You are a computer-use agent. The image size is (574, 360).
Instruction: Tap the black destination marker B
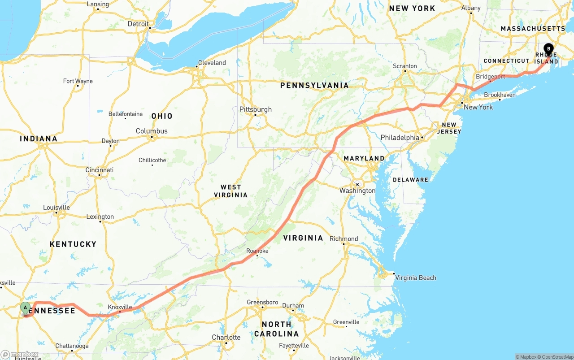click(x=548, y=49)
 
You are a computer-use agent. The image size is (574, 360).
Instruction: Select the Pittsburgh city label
click(x=256, y=109)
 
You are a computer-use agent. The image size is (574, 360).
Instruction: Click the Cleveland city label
click(x=212, y=63)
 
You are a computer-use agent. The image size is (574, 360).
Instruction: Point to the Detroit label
click(x=138, y=24)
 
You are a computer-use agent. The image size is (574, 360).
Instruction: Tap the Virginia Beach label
click(x=416, y=278)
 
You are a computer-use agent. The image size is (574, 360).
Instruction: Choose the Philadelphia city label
click(x=400, y=138)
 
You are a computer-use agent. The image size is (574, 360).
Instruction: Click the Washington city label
click(x=357, y=191)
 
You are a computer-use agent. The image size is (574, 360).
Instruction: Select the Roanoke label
click(x=257, y=251)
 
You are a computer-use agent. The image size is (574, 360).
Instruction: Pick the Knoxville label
click(x=120, y=307)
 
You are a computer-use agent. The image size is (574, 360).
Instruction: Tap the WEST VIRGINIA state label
click(x=230, y=191)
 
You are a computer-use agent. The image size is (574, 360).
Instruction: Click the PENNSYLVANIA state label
click(x=314, y=85)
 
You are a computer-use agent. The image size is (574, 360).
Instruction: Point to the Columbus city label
click(x=152, y=131)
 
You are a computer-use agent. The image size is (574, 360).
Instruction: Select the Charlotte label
click(x=226, y=337)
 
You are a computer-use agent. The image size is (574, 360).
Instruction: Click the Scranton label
click(x=405, y=66)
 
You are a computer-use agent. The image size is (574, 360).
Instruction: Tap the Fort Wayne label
click(x=78, y=81)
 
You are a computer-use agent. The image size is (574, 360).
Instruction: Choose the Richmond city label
click(x=344, y=239)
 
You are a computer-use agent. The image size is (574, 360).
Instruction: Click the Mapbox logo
click(x=19, y=354)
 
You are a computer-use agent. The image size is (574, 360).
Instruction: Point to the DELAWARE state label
click(x=410, y=180)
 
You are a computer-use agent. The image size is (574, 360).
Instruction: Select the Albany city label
click(x=471, y=8)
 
